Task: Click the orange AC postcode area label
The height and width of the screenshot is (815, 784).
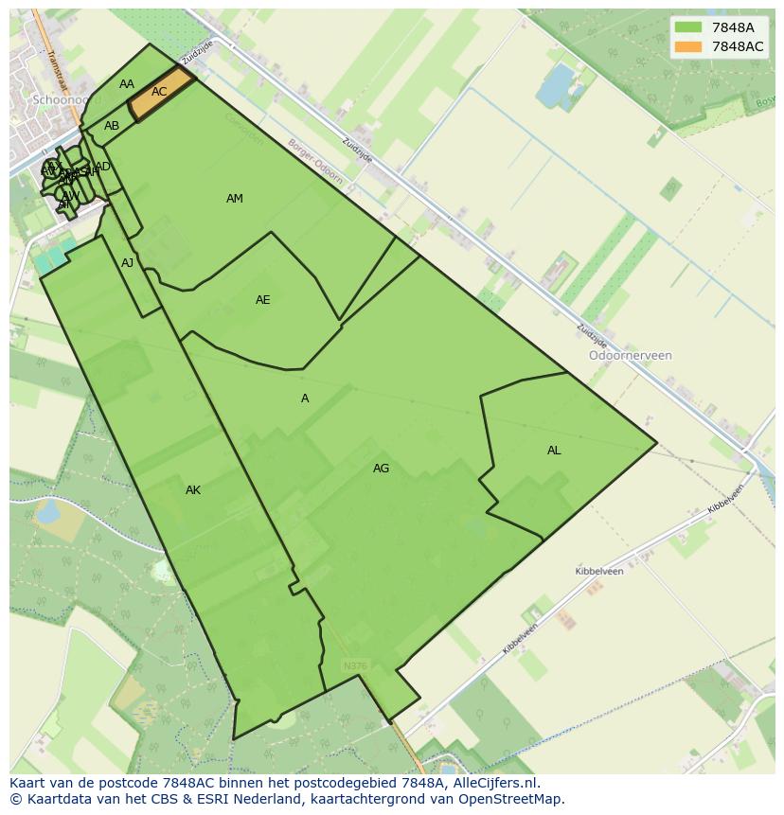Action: click(159, 92)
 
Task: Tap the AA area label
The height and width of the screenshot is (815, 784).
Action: click(127, 84)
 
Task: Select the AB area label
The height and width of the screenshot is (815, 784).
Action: click(112, 126)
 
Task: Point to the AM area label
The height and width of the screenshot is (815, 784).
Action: click(235, 199)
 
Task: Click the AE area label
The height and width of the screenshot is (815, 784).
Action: click(263, 300)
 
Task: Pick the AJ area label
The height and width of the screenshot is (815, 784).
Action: click(128, 263)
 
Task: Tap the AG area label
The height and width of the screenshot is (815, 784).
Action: click(381, 469)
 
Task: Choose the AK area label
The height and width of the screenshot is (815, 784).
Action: click(193, 490)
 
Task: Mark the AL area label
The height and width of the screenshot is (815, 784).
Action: click(554, 451)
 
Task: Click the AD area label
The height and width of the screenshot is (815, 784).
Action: click(103, 167)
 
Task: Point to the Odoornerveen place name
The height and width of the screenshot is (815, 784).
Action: click(630, 356)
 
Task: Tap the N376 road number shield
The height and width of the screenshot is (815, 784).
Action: click(355, 666)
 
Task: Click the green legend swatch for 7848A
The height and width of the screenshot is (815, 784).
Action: click(688, 28)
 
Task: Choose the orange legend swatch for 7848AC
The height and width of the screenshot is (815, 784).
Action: click(688, 46)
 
